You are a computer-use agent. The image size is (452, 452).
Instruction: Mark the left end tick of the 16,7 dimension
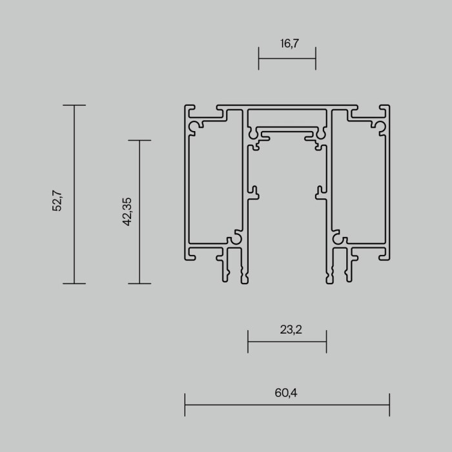click(259, 58)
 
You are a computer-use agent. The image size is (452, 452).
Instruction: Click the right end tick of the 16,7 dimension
click(316, 58)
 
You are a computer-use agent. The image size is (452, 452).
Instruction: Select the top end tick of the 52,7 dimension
click(74, 105)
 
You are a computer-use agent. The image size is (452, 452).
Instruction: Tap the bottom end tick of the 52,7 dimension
click(74, 283)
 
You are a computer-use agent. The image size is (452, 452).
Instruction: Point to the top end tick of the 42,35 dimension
click(140, 140)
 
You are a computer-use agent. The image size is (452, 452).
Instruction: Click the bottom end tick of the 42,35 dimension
click(140, 283)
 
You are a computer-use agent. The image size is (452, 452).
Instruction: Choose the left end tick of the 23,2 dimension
click(248, 341)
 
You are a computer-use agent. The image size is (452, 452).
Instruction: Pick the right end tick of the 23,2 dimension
click(326, 341)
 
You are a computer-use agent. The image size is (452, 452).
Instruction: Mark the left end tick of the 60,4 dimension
click(185, 405)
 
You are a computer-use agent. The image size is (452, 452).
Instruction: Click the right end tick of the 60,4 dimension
click(389, 405)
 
